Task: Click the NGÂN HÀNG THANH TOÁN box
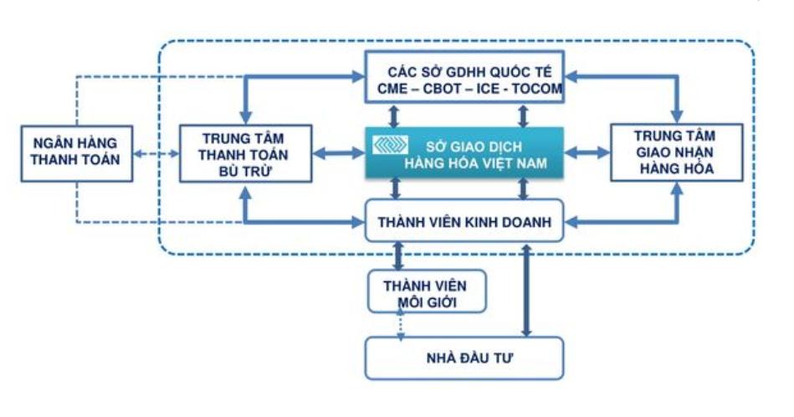76,153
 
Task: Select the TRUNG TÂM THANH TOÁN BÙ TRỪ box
245,154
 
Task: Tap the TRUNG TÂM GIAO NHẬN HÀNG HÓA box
675,153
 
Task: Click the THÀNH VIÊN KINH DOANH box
464,221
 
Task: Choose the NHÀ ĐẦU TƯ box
464,358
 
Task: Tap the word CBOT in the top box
438,88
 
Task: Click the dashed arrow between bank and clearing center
157,154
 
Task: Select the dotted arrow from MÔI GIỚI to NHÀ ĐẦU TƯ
401,325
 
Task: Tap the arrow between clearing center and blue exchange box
339,153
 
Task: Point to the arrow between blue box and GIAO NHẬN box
587,153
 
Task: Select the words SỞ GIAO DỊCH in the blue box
464,144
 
